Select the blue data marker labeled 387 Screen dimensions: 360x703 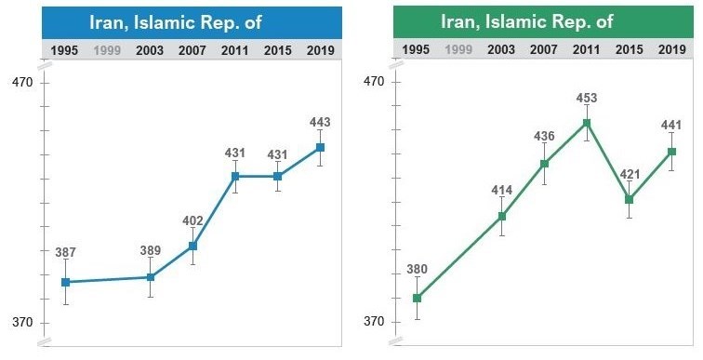(65, 282)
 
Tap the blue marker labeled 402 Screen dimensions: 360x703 (192, 246)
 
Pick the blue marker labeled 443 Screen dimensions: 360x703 (320, 147)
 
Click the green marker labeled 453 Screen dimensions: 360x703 (587, 123)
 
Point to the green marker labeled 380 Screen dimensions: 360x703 (417, 298)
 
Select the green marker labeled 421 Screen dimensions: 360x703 (630, 199)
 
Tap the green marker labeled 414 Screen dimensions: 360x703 (502, 216)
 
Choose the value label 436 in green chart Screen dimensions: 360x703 (544, 137)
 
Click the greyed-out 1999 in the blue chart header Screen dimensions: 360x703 (107, 50)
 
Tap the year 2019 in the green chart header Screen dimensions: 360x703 (671, 49)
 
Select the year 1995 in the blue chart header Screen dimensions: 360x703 (65, 50)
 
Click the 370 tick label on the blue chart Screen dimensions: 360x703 (22, 323)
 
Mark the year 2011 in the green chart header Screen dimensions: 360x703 (586, 49)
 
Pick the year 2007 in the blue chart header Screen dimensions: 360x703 (192, 50)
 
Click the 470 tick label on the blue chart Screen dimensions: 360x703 (22, 83)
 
